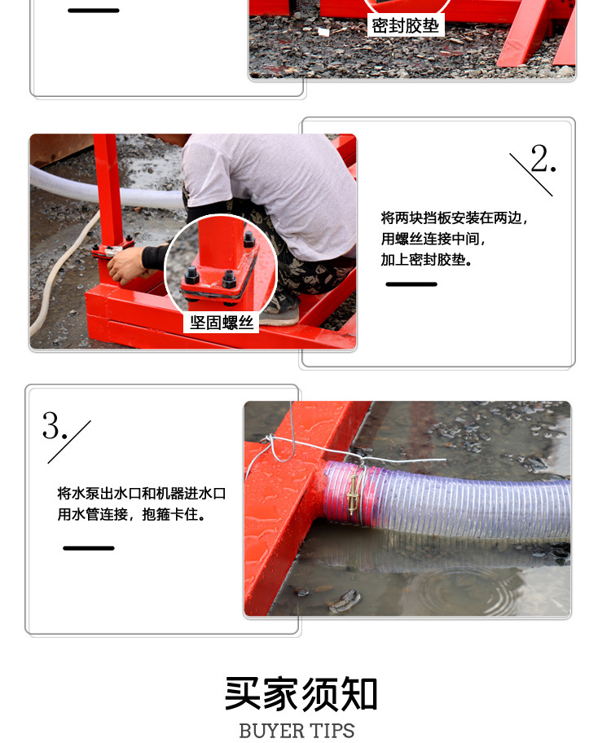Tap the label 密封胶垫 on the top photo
click(405, 25)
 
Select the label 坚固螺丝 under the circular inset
click(222, 323)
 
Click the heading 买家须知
click(301, 694)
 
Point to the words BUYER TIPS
click(297, 730)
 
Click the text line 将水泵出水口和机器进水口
click(141, 493)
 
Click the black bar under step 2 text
click(411, 284)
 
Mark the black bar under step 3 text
click(89, 548)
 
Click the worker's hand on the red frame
click(125, 265)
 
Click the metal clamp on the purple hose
click(354, 494)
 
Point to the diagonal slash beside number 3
click(69, 442)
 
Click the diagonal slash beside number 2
click(531, 174)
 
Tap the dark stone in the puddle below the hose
click(345, 600)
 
